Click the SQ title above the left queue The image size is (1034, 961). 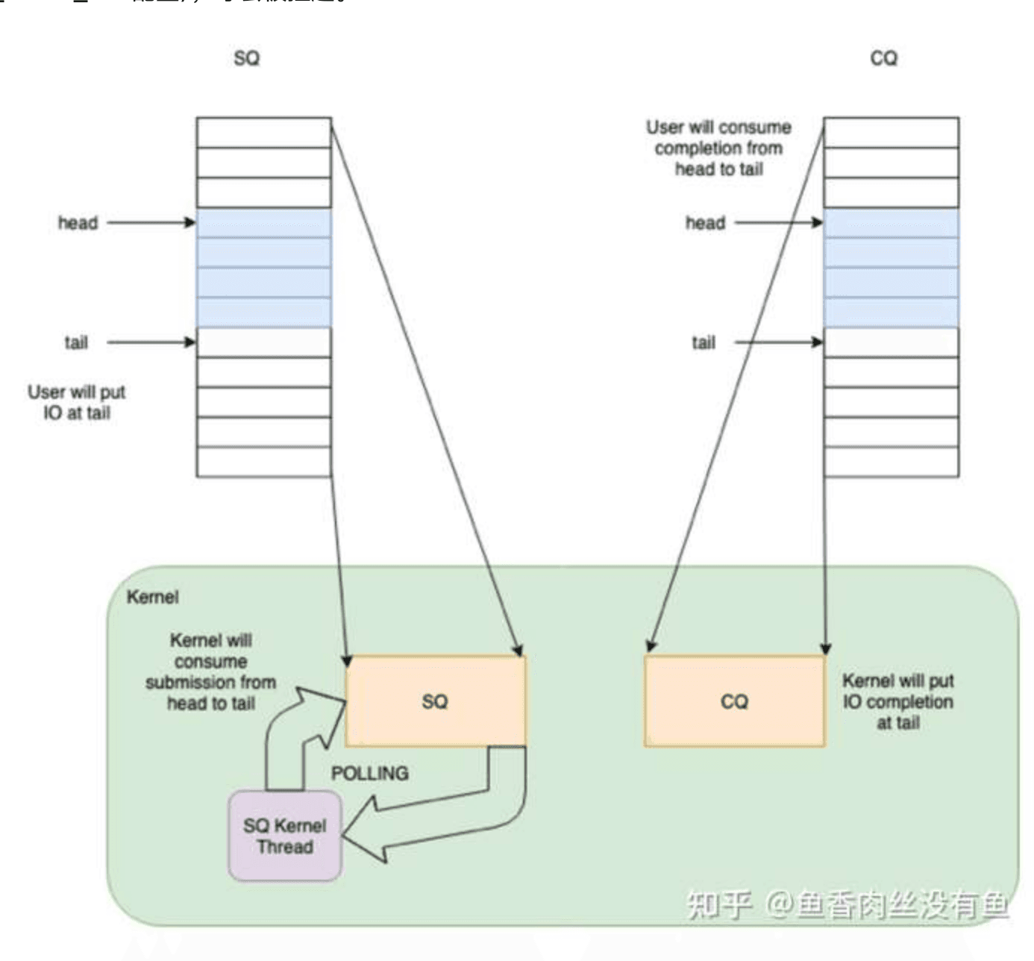(x=246, y=58)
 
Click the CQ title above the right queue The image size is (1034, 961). (x=883, y=58)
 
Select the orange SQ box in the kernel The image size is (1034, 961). (x=436, y=701)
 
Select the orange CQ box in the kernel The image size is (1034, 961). (x=735, y=701)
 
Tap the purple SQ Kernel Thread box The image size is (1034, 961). (x=285, y=836)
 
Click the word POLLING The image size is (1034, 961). (x=369, y=773)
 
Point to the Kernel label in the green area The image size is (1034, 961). (x=153, y=597)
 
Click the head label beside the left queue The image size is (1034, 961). (x=78, y=222)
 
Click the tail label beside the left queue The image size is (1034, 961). (x=76, y=342)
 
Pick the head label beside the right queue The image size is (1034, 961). (x=705, y=222)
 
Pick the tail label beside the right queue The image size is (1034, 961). (x=704, y=342)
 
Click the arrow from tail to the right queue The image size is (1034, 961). (x=779, y=342)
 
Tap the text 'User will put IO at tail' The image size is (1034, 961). (x=77, y=402)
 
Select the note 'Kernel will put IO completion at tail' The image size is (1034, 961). (x=898, y=701)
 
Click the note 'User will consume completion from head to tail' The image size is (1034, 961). (x=718, y=148)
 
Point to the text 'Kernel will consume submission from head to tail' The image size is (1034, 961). (x=211, y=672)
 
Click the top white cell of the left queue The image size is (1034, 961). (x=263, y=132)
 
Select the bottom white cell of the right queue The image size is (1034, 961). (x=891, y=462)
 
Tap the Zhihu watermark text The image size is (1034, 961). (x=847, y=905)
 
